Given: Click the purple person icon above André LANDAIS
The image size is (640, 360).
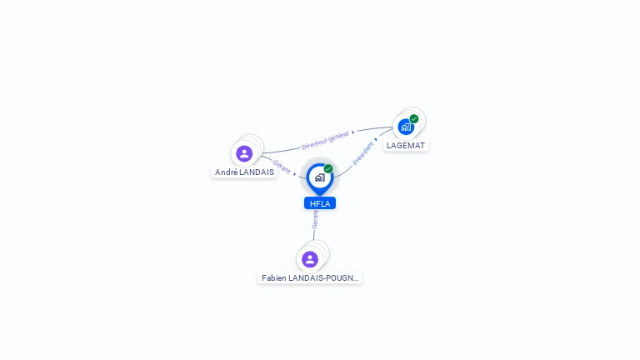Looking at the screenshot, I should (244, 153).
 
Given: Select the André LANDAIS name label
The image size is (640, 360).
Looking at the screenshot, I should (244, 172).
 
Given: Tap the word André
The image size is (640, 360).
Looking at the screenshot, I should (226, 172).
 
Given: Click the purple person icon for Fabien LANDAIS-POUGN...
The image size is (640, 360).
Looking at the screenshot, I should (310, 259).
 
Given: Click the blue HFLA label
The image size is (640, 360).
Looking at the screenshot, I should (319, 203).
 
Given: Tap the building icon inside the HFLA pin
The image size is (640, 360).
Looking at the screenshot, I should (319, 177).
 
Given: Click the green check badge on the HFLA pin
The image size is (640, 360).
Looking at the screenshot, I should (328, 169).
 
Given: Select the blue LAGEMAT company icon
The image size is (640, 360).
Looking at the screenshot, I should (406, 127).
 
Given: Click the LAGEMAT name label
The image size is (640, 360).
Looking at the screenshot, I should (406, 146).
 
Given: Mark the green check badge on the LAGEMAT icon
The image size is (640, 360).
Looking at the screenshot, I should (414, 119).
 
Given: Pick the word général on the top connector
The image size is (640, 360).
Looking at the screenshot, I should (337, 136).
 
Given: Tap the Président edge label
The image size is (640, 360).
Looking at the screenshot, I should (363, 152).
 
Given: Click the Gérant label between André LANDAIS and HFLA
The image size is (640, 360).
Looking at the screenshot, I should (282, 167).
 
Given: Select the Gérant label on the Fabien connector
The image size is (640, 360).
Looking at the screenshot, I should (315, 220).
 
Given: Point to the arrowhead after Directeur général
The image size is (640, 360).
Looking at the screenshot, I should (353, 132).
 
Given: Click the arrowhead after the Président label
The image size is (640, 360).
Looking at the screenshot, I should (376, 140).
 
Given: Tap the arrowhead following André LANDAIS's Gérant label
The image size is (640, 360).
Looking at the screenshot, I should (295, 174).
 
